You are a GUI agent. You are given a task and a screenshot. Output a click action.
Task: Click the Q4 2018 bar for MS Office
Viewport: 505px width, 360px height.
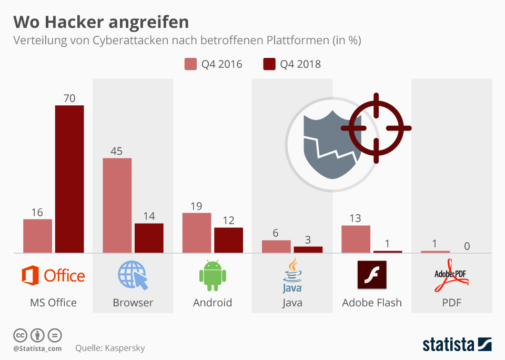pyautogui.click(x=69, y=179)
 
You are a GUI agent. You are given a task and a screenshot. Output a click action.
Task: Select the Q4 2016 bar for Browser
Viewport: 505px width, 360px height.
pyautogui.click(x=117, y=205)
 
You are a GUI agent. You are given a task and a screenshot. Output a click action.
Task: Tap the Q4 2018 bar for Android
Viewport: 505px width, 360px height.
pyautogui.click(x=228, y=240)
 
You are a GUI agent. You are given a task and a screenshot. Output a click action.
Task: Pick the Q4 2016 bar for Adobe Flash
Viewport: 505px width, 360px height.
pyautogui.click(x=356, y=239)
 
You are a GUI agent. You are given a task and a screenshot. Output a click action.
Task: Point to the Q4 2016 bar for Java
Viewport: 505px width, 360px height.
pyautogui.click(x=276, y=246)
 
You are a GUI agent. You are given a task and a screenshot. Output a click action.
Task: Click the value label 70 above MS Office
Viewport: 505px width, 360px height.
pyautogui.click(x=69, y=98)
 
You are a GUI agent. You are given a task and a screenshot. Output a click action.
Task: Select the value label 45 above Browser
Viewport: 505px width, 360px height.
pyautogui.click(x=116, y=151)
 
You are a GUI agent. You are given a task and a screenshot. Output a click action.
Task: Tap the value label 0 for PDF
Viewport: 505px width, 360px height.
pyautogui.click(x=467, y=246)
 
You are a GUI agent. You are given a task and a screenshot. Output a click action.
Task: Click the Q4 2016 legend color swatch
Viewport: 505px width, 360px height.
pyautogui.click(x=190, y=64)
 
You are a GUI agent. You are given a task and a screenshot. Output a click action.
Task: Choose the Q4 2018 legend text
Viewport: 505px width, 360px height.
pyautogui.click(x=300, y=64)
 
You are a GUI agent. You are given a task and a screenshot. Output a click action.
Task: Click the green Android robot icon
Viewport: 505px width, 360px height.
pyautogui.click(x=213, y=275)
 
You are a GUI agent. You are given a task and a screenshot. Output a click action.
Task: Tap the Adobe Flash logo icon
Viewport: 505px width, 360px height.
pyautogui.click(x=371, y=275)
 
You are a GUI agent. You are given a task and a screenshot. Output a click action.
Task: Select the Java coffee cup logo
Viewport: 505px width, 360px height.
pyautogui.click(x=292, y=275)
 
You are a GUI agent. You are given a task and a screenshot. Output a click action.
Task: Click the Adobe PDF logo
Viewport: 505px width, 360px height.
pyautogui.click(x=451, y=279)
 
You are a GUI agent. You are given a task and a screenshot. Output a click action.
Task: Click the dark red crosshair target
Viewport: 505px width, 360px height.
pyautogui.click(x=376, y=128)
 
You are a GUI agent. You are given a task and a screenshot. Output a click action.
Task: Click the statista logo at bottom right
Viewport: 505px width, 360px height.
pyautogui.click(x=457, y=345)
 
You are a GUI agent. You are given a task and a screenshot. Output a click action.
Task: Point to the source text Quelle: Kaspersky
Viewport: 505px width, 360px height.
pyautogui.click(x=110, y=348)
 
